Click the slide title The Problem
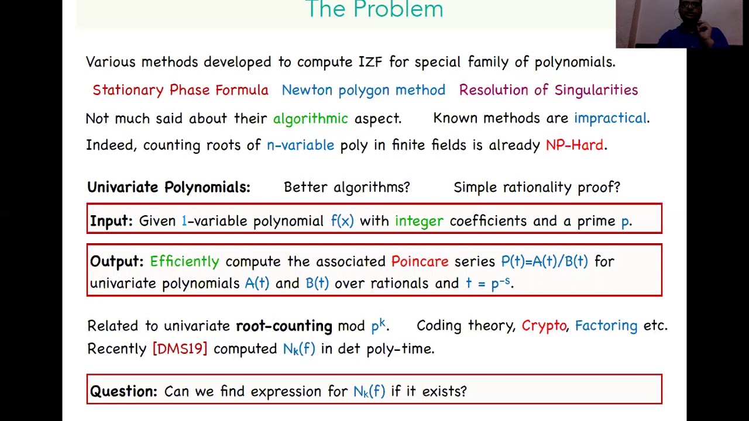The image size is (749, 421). coord(374,10)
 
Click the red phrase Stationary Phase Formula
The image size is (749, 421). coord(180,90)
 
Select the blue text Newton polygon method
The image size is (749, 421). coord(363,90)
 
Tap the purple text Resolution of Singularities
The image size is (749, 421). coord(548,90)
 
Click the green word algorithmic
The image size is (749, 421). coord(310,118)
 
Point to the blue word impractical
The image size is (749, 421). coord(610,118)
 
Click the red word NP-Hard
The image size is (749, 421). coord(574,145)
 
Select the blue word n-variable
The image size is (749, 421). coord(300,145)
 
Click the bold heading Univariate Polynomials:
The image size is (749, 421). coord(169,187)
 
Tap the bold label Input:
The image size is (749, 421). coord(111,221)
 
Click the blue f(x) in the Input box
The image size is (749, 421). coord(342,221)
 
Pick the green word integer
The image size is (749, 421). coord(419,221)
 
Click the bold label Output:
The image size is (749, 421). coord(116,261)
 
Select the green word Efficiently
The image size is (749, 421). coord(184,261)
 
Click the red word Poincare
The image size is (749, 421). coord(420,261)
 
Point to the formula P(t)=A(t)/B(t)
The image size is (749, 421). coord(544,261)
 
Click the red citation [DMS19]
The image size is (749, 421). coord(180,349)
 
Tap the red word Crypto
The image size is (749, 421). coord(544,326)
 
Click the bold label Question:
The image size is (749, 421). coord(123,391)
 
